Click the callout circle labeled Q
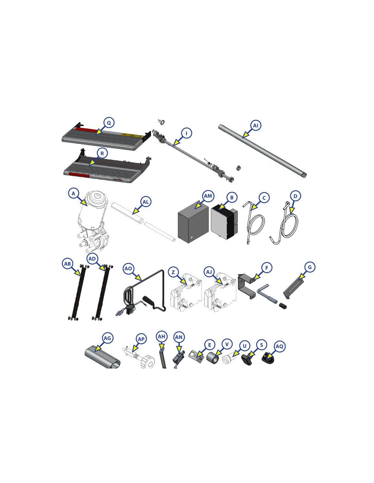pos(109,123)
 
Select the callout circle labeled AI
pos(256,125)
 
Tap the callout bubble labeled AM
pos(208,196)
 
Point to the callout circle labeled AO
pos(128,269)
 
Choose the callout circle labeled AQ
pos(279,346)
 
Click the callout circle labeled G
pos(310,267)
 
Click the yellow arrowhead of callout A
pos(84,203)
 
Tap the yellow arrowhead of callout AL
pos(134,211)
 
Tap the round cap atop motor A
pos(97,197)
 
